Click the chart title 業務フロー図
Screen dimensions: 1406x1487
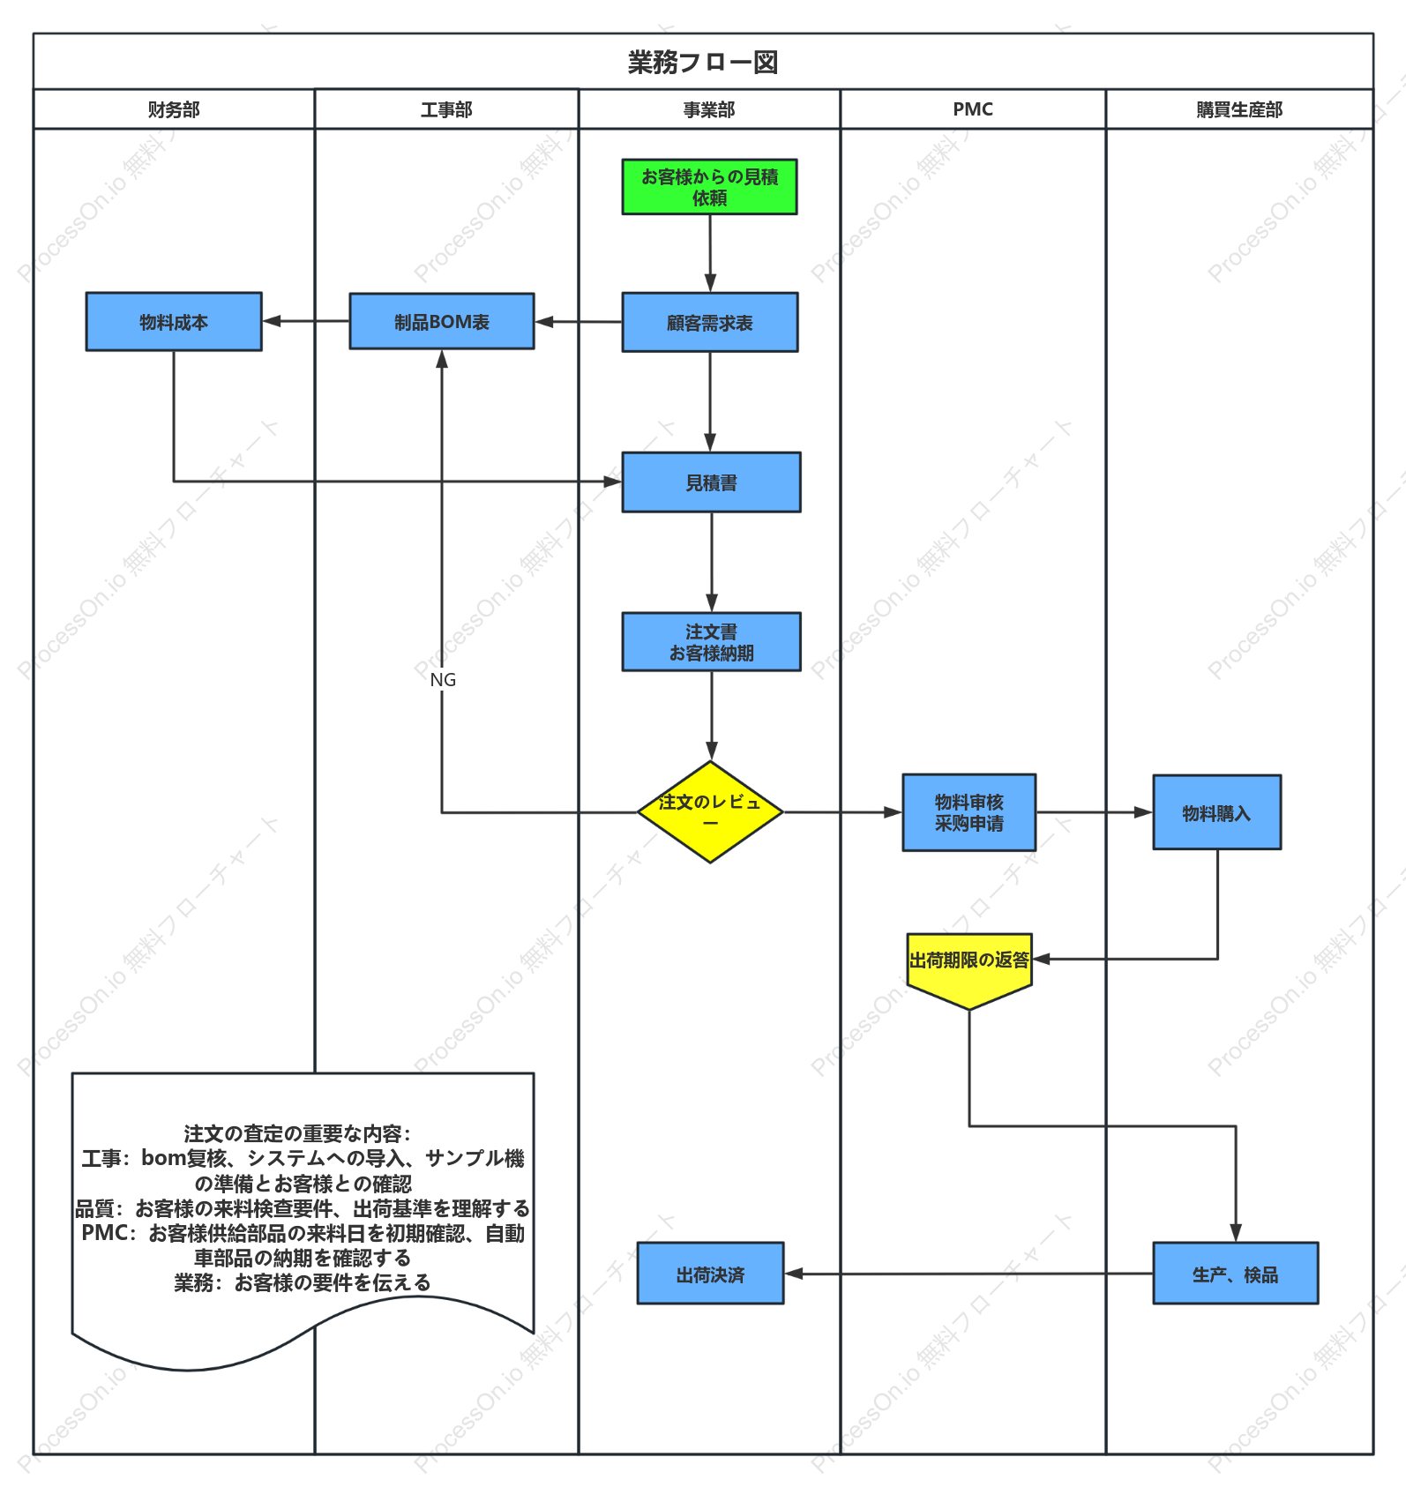[703, 63]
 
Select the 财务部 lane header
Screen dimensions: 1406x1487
[174, 109]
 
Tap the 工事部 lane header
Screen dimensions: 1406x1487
[446, 109]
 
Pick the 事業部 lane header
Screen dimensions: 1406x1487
[709, 109]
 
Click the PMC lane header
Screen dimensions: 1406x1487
[973, 109]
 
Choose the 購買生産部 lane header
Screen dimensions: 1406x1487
[1239, 109]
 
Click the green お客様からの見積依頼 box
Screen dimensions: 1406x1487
[709, 187]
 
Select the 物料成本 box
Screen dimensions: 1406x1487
[174, 322]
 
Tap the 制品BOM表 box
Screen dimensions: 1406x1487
[442, 321]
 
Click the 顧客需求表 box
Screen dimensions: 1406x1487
[710, 323]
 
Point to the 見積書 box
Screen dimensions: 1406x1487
[712, 482]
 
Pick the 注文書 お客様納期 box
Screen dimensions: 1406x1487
[712, 642]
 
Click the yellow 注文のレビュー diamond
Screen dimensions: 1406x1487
[710, 812]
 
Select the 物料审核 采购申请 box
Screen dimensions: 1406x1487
[969, 812]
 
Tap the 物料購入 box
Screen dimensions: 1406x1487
[1217, 812]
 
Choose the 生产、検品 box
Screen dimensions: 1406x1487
[1236, 1274]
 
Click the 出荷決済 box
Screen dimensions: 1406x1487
[711, 1274]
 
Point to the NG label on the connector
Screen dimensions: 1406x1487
[443, 680]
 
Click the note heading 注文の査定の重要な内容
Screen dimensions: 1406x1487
[297, 1133]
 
